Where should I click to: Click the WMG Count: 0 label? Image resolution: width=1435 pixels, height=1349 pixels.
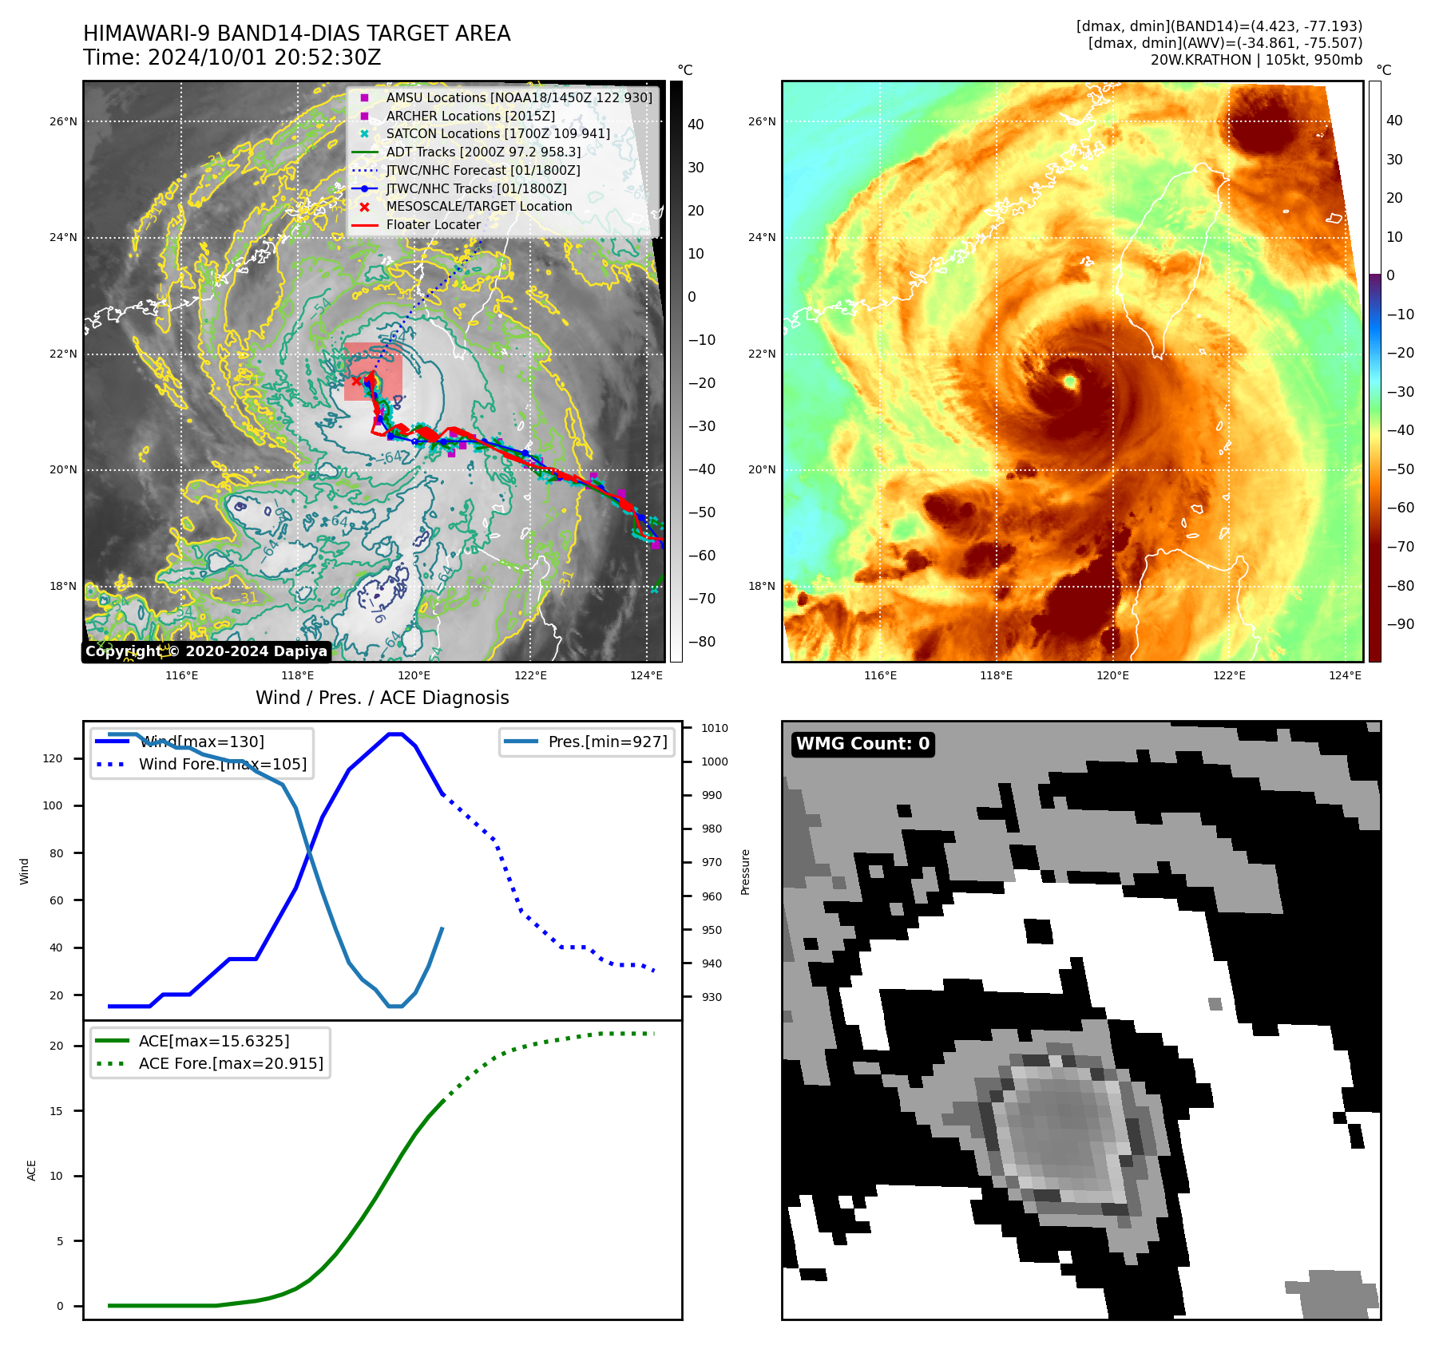[x=862, y=744]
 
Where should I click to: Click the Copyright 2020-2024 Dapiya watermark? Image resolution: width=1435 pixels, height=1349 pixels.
[x=206, y=651]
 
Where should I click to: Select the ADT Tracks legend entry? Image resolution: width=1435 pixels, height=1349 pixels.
[x=483, y=152]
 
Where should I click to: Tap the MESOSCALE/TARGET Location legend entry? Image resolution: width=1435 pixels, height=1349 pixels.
[x=479, y=206]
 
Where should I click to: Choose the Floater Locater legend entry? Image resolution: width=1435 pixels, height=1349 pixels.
[x=434, y=224]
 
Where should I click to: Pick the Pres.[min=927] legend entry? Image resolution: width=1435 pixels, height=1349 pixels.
[x=607, y=742]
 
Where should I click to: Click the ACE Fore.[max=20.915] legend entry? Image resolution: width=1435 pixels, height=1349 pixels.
[x=231, y=1063]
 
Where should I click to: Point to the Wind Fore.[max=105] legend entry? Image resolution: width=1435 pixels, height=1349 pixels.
[x=222, y=764]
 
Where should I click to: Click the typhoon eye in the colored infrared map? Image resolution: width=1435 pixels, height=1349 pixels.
[x=1070, y=382]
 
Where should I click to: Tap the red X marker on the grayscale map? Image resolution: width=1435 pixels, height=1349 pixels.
[x=356, y=382]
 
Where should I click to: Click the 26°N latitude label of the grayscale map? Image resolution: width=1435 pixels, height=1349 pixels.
[x=64, y=122]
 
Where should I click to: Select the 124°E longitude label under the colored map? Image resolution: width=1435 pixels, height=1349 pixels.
[x=1345, y=676]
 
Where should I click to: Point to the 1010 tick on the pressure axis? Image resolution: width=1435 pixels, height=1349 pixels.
[x=714, y=728]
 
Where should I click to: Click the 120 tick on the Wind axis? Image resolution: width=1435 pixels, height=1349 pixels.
[x=53, y=758]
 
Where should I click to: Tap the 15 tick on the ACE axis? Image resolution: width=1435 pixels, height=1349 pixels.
[x=56, y=1111]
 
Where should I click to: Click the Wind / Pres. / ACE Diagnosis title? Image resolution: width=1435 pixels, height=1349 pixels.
[x=382, y=698]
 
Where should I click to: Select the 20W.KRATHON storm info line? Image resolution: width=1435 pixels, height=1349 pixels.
[x=1256, y=60]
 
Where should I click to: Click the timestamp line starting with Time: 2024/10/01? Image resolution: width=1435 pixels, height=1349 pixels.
[x=232, y=58]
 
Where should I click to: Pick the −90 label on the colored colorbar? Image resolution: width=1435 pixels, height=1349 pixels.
[x=1400, y=624]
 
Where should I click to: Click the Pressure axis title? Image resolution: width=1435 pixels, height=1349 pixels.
[x=745, y=872]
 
